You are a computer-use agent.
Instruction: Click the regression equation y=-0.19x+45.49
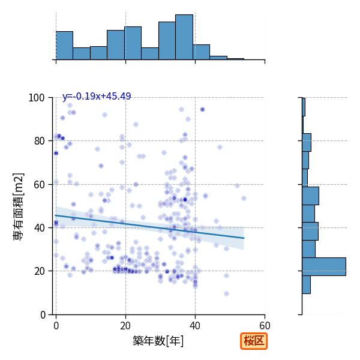97,96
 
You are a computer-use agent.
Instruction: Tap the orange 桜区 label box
254,341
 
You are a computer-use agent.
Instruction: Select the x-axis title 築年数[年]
158,341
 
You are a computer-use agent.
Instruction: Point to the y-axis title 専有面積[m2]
19,206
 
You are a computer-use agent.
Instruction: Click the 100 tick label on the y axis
36,98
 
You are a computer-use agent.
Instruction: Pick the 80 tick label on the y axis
39,141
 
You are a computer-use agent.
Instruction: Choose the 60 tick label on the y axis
39,185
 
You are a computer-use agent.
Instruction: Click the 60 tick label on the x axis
265,326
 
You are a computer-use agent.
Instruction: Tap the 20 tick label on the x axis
125,326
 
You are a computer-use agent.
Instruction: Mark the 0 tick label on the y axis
43,315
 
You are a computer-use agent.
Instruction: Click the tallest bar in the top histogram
184,37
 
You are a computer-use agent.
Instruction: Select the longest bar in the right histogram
324,266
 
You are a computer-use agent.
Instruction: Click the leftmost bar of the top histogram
65,46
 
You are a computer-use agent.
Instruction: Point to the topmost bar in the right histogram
304,107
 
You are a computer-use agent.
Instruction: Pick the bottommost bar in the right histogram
306,284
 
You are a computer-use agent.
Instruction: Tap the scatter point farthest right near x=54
244,198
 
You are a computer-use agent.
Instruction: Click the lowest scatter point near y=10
226,293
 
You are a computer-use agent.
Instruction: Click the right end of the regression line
244,238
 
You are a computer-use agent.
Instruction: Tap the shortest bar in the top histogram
236,59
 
